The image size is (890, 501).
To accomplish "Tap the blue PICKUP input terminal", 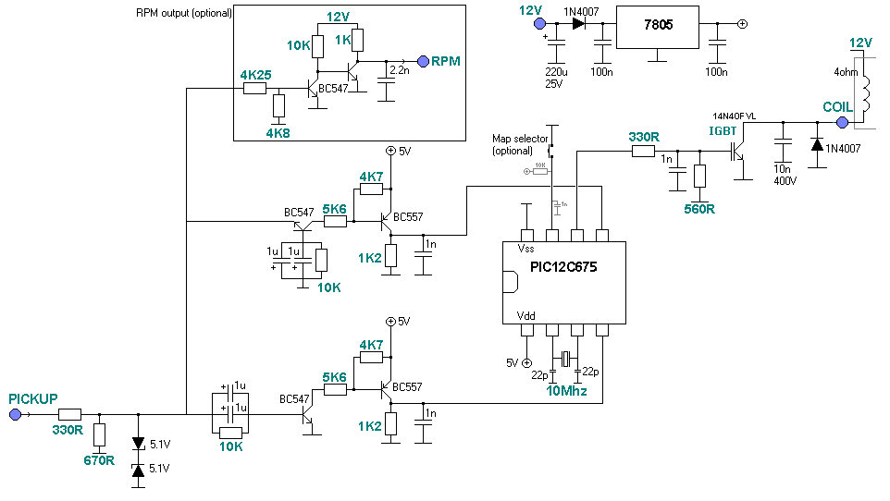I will [15, 415].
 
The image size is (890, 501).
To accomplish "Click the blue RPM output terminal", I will [423, 61].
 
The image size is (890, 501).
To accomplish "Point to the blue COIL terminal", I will [842, 122].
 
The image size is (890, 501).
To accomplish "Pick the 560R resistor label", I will [698, 209].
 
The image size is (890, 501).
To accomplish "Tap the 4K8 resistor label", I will [278, 133].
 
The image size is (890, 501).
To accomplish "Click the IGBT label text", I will [723, 131].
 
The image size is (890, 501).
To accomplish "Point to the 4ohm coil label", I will [845, 72].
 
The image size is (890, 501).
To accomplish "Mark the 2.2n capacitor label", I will [399, 70].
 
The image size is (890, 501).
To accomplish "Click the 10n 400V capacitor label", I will [784, 175].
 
